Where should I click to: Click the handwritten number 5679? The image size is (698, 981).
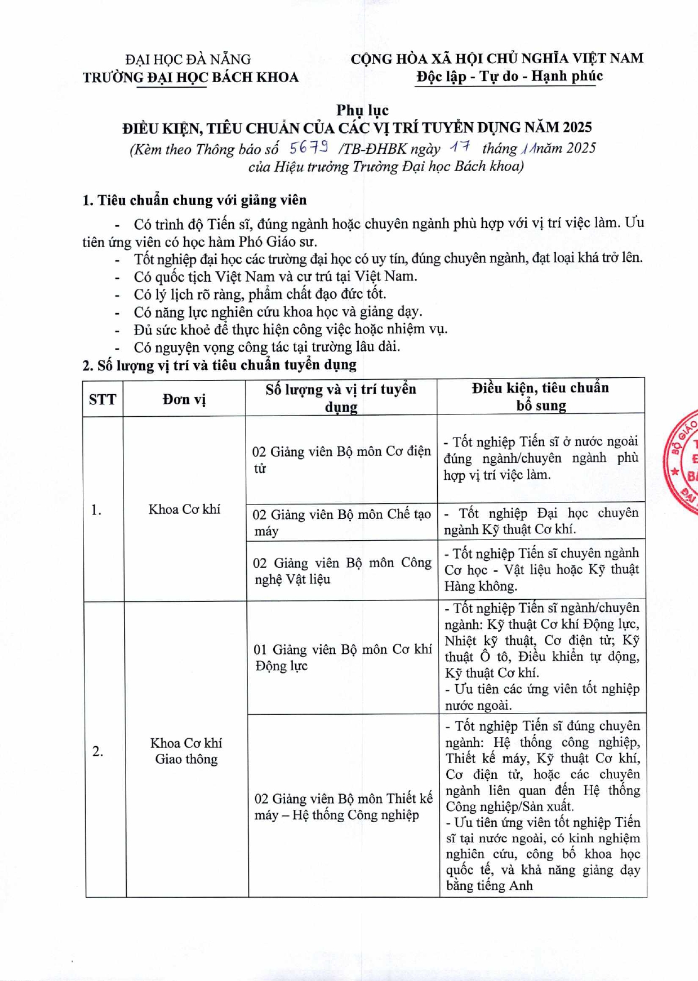point(309,148)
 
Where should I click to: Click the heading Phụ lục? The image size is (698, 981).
point(362,110)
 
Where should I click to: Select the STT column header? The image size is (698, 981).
point(103,399)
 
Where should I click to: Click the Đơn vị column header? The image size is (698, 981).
point(184,399)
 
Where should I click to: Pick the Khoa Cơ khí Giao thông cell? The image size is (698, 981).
point(186,751)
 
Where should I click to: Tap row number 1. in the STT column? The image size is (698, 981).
point(96,510)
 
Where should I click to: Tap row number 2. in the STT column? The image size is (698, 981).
point(98,751)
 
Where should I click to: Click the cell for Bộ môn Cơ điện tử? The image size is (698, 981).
point(341,460)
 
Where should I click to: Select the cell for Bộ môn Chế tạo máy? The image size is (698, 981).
point(341,522)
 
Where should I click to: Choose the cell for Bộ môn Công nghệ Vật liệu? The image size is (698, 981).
point(341,570)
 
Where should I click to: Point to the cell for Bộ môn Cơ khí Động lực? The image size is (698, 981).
point(343,657)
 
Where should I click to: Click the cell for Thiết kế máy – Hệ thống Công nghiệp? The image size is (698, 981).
point(343,806)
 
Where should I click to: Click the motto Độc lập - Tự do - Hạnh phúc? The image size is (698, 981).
point(509,76)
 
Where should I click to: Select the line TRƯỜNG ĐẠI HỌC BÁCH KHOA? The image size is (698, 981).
point(190,77)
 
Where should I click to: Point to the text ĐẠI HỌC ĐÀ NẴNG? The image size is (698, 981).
point(188,59)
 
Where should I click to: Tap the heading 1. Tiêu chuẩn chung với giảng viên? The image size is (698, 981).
point(194,200)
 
